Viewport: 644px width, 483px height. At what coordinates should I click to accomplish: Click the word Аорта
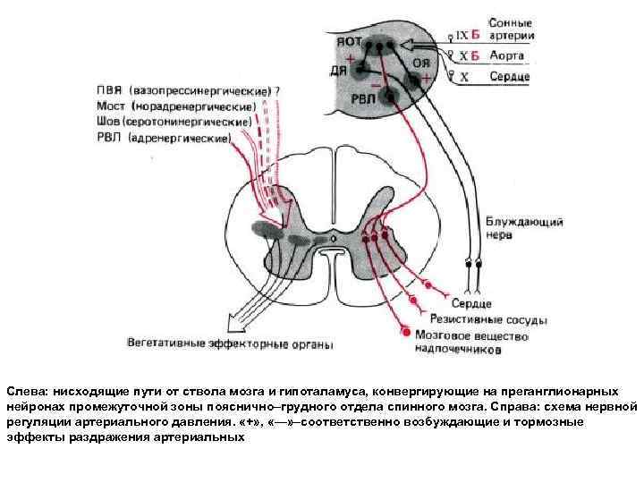click(507, 56)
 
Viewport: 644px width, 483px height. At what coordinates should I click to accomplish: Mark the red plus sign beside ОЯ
click(426, 79)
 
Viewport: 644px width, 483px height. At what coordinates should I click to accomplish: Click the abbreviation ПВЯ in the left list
click(111, 90)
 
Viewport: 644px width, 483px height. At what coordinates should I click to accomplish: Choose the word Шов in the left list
click(109, 121)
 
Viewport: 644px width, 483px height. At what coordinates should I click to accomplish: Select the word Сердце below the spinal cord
click(471, 304)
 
